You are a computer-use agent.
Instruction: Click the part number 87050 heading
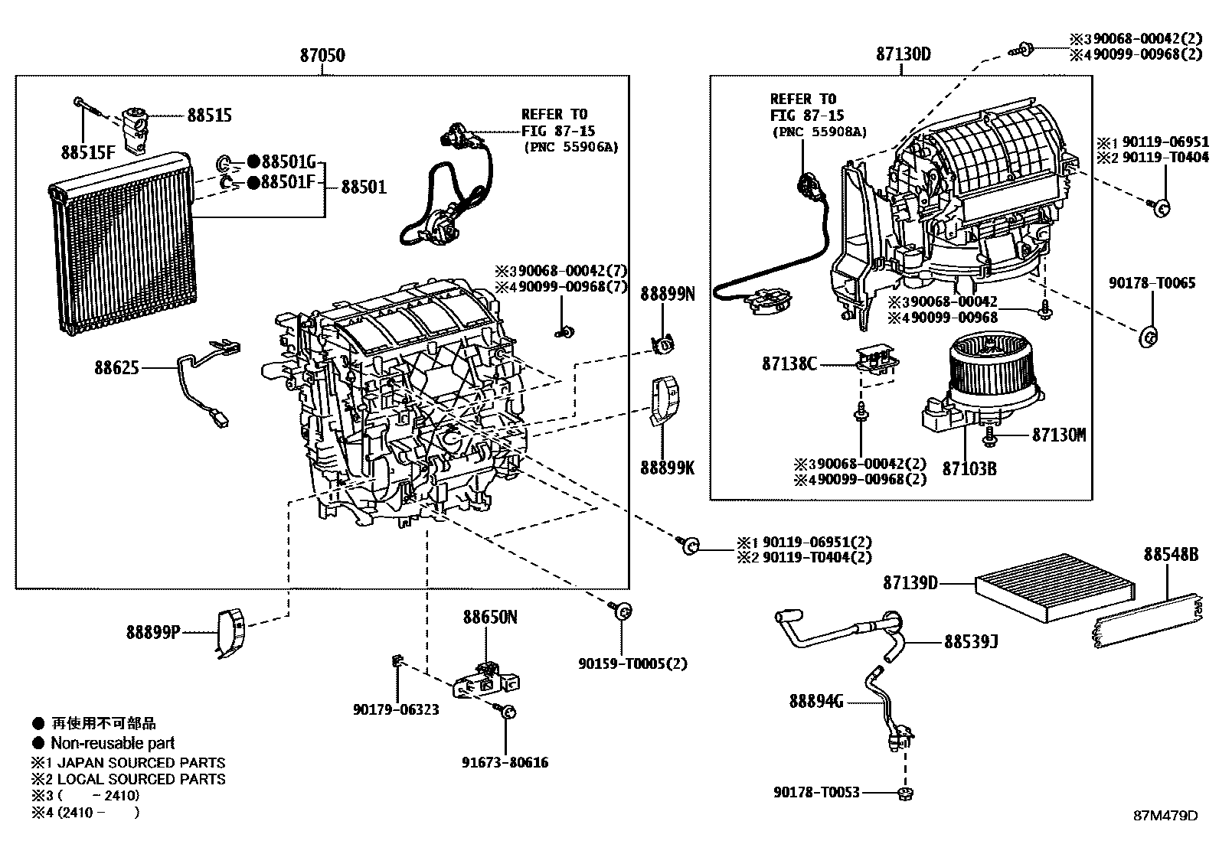click(322, 55)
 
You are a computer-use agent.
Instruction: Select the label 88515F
click(88, 152)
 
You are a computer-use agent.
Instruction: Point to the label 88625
click(117, 368)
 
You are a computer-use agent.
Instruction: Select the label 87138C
click(789, 363)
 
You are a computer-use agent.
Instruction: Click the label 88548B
click(1171, 554)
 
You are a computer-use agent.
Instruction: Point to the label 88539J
click(971, 642)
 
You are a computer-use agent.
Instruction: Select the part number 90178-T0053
click(817, 792)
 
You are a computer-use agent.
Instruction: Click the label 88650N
click(489, 617)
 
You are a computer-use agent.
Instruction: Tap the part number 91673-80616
click(505, 762)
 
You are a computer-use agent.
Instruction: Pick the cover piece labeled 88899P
click(229, 633)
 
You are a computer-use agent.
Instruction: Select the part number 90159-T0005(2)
click(632, 663)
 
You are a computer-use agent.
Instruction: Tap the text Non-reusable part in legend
click(113, 743)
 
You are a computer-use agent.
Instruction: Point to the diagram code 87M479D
click(1165, 816)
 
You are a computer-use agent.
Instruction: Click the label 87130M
click(1059, 435)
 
